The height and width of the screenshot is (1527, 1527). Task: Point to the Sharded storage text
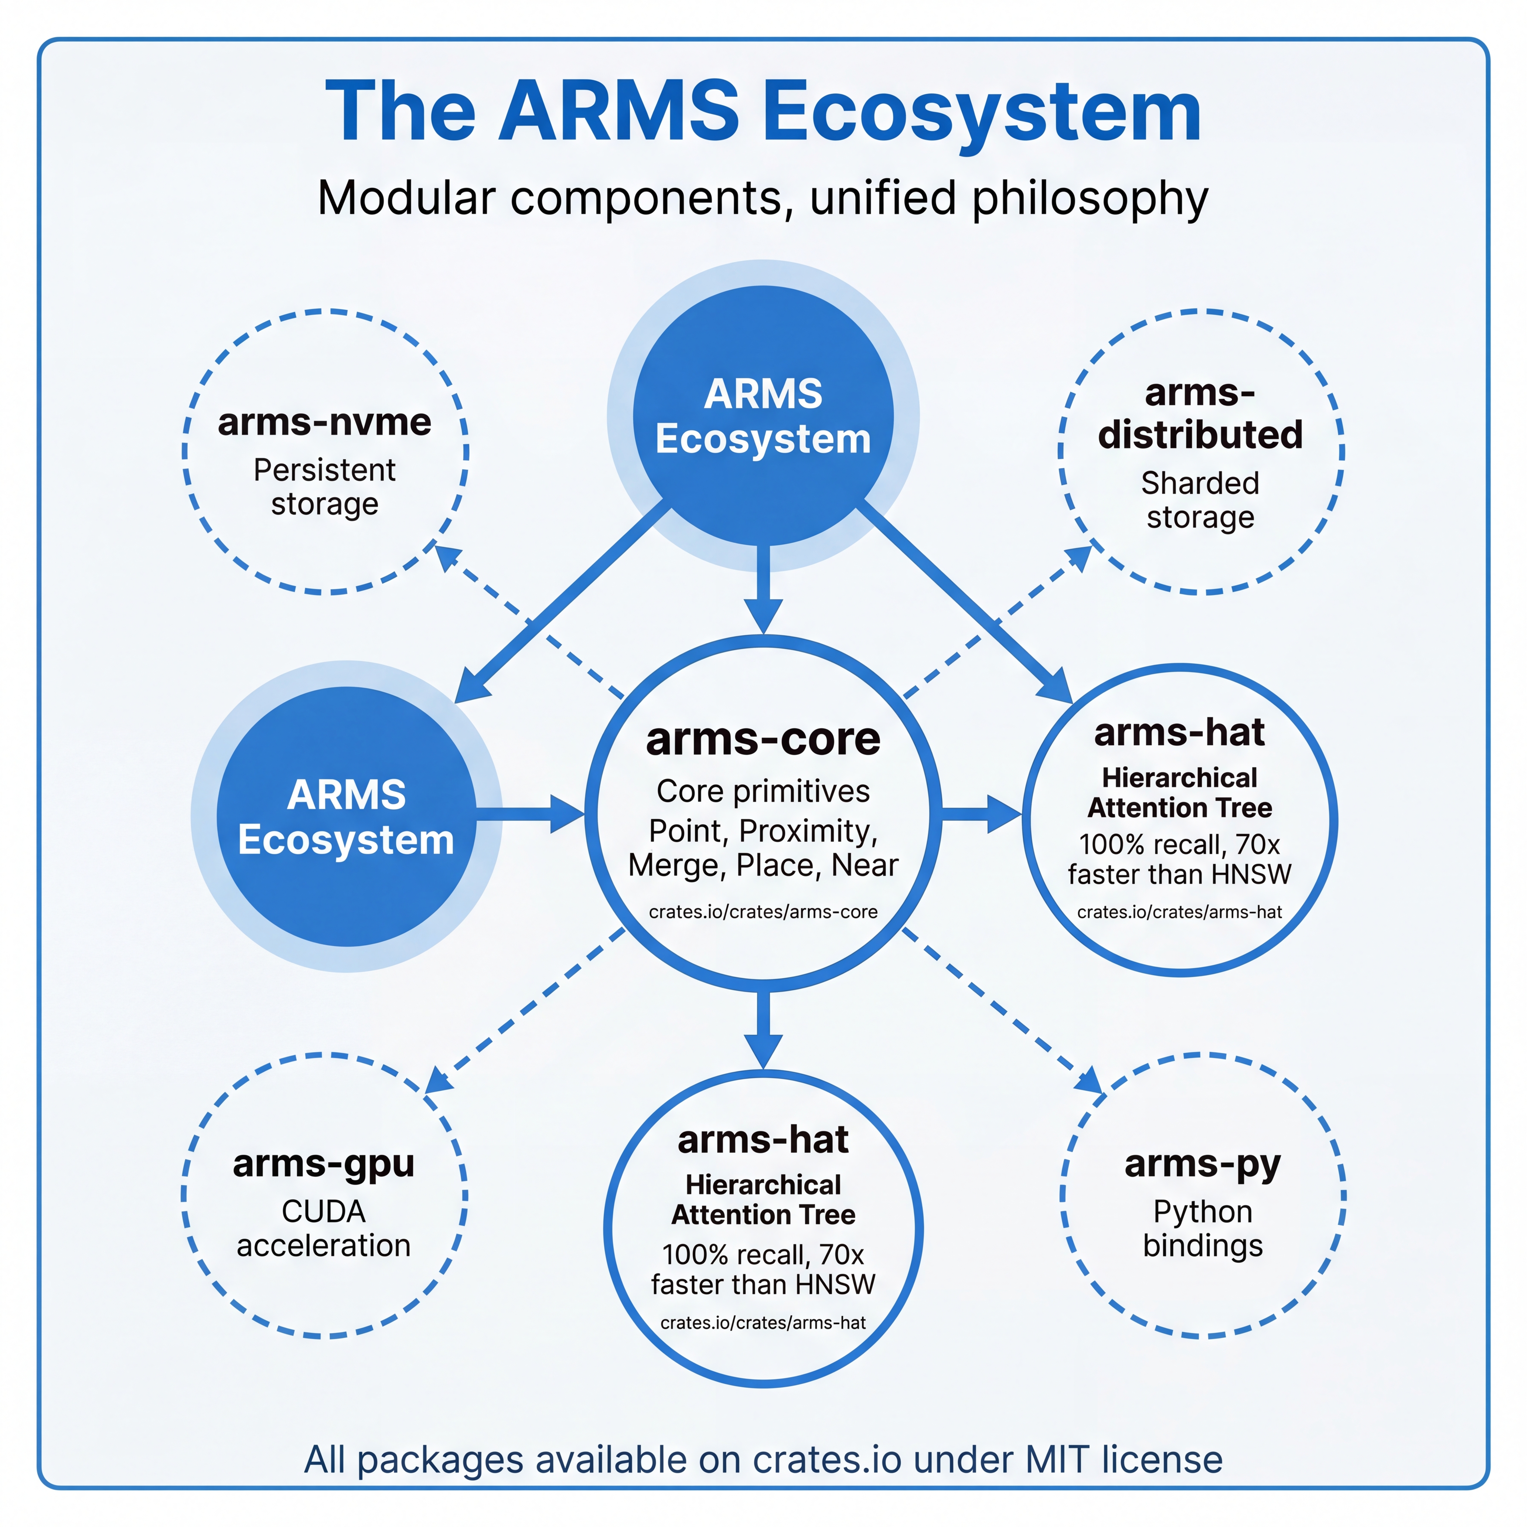[1200, 500]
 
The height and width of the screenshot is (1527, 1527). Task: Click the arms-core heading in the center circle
[763, 739]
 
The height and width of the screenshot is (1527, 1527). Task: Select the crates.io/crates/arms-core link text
[763, 911]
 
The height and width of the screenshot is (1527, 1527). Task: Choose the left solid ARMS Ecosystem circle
[346, 816]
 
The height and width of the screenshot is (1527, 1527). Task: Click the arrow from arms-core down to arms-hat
[763, 1027]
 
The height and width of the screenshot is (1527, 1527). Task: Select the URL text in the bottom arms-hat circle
[763, 1322]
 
